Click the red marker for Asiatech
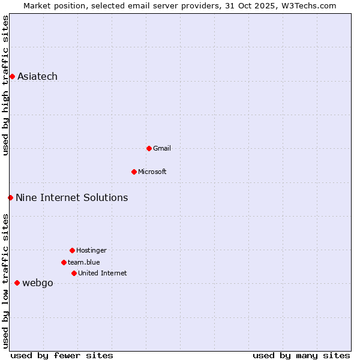click(12, 76)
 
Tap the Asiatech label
click(37, 76)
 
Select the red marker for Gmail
click(149, 148)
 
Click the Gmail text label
click(161, 148)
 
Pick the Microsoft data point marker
click(134, 172)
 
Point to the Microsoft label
click(152, 172)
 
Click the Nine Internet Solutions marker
click(10, 197)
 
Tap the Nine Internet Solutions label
click(71, 197)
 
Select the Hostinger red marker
click(72, 250)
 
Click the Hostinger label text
click(91, 250)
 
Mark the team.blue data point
click(64, 262)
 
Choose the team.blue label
click(83, 262)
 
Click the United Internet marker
click(74, 273)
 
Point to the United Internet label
click(102, 273)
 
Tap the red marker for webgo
click(17, 283)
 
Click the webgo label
click(37, 283)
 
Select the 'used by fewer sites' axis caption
click(62, 355)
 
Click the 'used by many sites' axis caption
click(301, 355)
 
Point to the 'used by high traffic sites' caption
click(5, 85)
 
